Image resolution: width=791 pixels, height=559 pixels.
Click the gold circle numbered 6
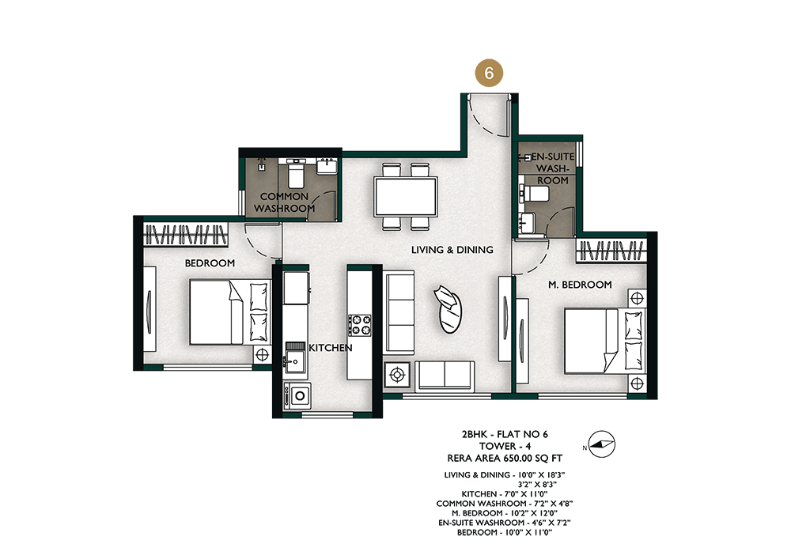(x=489, y=73)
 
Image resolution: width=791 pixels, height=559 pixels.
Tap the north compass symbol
(x=601, y=444)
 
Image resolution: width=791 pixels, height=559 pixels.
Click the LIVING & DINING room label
(x=452, y=250)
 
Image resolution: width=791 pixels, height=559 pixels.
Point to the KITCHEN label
(x=331, y=348)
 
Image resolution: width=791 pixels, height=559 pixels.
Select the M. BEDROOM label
(x=580, y=285)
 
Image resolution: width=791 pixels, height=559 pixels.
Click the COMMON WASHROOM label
(x=284, y=202)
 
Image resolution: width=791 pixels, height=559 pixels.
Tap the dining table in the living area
(x=405, y=196)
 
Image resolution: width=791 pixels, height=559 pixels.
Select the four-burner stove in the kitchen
(x=359, y=325)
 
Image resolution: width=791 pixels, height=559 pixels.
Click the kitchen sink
(x=293, y=361)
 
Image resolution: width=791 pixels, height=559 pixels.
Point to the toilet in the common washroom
(x=295, y=172)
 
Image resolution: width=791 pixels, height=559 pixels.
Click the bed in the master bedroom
(x=604, y=342)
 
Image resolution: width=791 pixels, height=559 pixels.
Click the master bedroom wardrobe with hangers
(x=611, y=251)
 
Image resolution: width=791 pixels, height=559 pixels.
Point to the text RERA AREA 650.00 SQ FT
(x=505, y=459)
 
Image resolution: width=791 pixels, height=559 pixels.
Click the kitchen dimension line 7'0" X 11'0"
(x=505, y=494)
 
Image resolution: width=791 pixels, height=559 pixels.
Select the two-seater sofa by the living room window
(x=445, y=376)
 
